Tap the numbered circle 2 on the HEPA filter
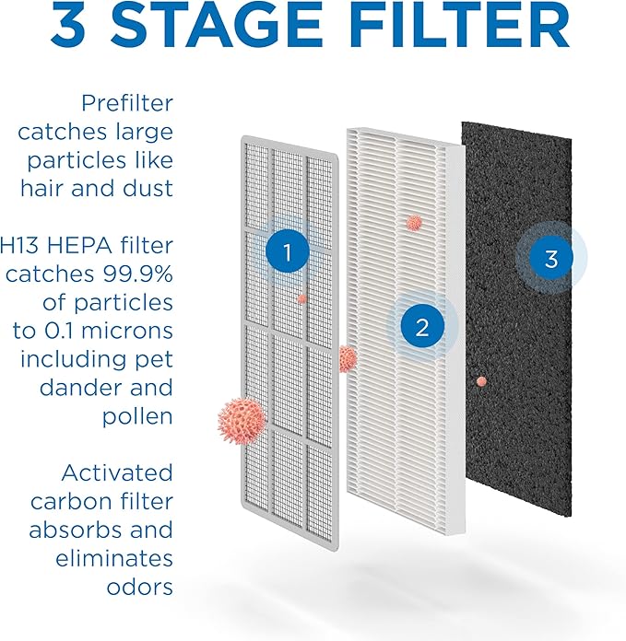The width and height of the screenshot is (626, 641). pos(421,327)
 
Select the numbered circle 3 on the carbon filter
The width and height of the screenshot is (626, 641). pos(550,259)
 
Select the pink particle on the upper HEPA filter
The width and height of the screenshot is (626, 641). pos(414,222)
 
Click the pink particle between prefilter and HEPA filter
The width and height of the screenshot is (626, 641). pos(348,358)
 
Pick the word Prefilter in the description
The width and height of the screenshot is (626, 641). pos(127,102)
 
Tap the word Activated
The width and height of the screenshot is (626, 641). pos(117,473)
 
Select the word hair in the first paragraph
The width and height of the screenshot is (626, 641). pos(45,188)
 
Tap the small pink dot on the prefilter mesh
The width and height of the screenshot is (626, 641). pos(301,298)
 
